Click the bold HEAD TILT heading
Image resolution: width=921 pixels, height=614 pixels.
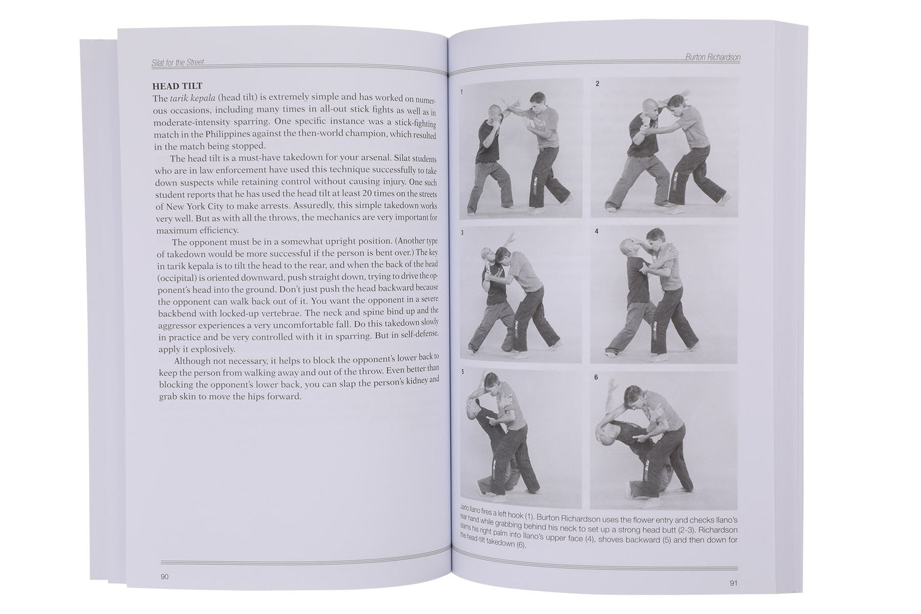pos(177,87)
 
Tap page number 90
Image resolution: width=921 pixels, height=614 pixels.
pos(165,576)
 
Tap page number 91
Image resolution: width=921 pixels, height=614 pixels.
pos(732,583)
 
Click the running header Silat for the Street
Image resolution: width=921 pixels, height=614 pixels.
pos(177,63)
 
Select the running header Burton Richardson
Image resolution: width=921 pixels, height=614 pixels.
pos(712,57)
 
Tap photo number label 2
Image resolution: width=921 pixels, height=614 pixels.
pos(597,84)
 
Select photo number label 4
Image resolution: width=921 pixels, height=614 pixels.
pos(596,231)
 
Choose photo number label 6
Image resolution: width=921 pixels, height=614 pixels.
pos(596,378)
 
